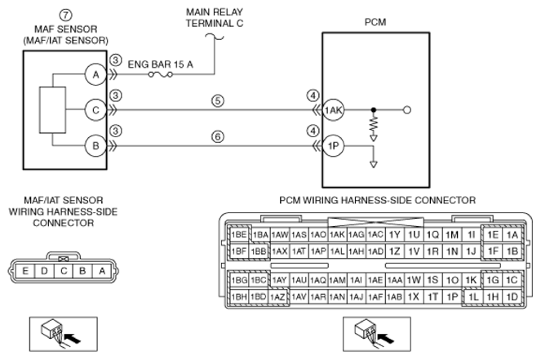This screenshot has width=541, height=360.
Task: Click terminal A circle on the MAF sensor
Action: coord(95,74)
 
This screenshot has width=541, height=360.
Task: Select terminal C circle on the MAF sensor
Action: coord(95,110)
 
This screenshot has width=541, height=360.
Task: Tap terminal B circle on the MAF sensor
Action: coord(95,145)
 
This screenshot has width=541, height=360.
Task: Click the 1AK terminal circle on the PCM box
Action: coord(333,110)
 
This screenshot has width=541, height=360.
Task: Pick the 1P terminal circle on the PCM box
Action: coord(333,146)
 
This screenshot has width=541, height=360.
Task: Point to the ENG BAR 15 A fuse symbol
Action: coord(161,74)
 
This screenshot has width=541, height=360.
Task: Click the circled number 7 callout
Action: coord(65,16)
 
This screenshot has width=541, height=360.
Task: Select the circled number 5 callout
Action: coord(218,100)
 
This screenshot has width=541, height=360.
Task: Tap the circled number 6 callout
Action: coord(218,136)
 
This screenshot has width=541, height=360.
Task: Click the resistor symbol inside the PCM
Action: coord(374,125)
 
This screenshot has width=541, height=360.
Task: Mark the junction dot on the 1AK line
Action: coord(374,110)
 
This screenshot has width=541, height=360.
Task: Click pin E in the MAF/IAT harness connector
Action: coord(25,271)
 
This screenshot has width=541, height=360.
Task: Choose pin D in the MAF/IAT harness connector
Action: coord(44,271)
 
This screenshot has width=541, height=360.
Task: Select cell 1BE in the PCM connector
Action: coord(239,235)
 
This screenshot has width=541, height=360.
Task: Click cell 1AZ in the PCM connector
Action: coord(277,296)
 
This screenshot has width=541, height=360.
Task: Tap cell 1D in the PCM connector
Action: coord(512,296)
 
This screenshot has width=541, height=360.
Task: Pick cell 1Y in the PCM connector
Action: coord(394,235)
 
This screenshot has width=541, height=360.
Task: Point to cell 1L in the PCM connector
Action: coord(474,296)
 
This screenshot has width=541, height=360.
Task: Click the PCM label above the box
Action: coord(375,22)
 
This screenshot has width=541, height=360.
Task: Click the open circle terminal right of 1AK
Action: coord(407,110)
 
